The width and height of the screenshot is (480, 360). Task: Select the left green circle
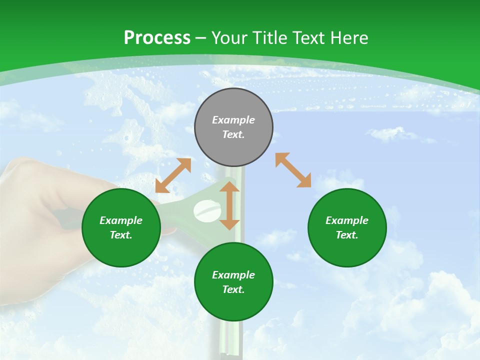click(121, 227)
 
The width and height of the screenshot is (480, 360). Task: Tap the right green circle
click(347, 227)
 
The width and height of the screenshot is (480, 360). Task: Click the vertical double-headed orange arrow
click(229, 205)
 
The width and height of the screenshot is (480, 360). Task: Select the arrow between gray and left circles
click(173, 175)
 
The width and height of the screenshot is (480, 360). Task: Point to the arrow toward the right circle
click(293, 170)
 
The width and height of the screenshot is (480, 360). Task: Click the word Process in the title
click(157, 38)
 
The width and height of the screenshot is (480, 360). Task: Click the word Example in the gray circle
click(233, 120)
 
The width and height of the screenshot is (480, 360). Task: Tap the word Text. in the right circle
click(347, 235)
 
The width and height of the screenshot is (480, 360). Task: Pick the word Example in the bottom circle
click(233, 275)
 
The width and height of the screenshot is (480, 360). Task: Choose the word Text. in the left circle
click(121, 235)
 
